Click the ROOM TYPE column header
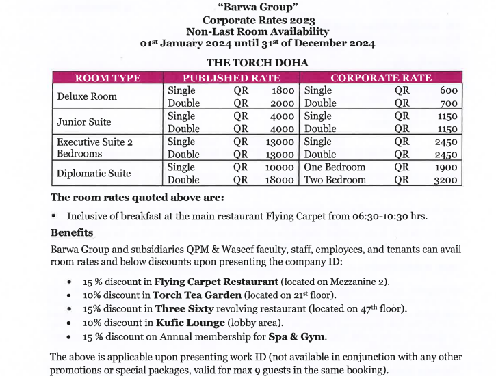[x=107, y=78]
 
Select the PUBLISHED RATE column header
[x=231, y=78]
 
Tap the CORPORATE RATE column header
[x=380, y=78]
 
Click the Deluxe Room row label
[x=87, y=96]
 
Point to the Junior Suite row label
[x=83, y=122]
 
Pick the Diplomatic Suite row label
[x=93, y=174]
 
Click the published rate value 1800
[x=283, y=90]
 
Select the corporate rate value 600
[x=449, y=90]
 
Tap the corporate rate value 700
[x=449, y=103]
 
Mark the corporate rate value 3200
[x=445, y=180]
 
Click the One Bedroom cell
[x=335, y=167]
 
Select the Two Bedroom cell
[x=335, y=180]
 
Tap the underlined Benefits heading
[x=72, y=232]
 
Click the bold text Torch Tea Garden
[x=197, y=295]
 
